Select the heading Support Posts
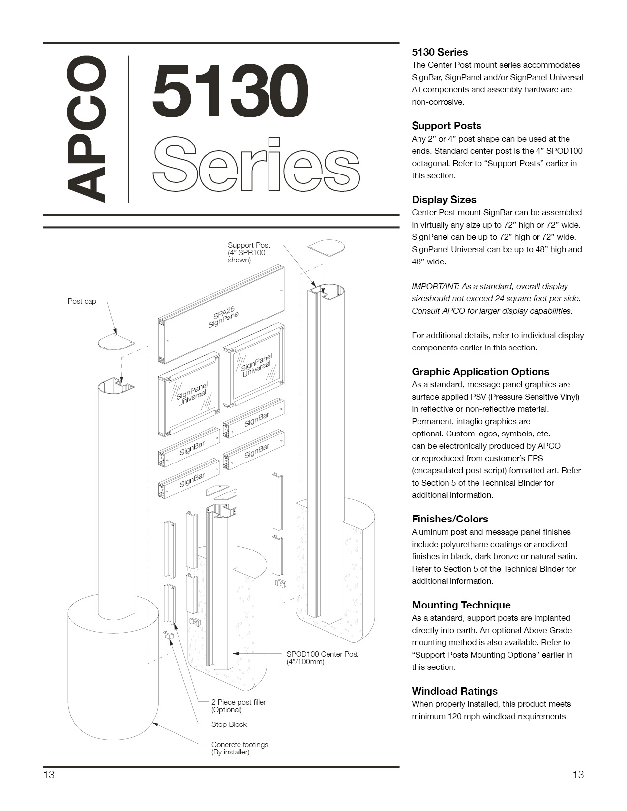[x=446, y=126]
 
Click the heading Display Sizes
[x=444, y=200]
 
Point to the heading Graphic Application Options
[x=480, y=372]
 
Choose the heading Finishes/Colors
[x=449, y=519]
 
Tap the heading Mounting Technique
[x=461, y=605]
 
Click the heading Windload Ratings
[x=454, y=691]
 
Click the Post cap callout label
[x=82, y=301]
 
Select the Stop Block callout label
[x=229, y=724]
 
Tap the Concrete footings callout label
[x=239, y=748]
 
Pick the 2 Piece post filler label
[x=238, y=706]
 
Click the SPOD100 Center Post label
[x=322, y=658]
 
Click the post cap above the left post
[x=116, y=343]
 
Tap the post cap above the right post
[x=326, y=247]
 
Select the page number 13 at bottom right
[x=578, y=775]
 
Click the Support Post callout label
[x=248, y=252]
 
